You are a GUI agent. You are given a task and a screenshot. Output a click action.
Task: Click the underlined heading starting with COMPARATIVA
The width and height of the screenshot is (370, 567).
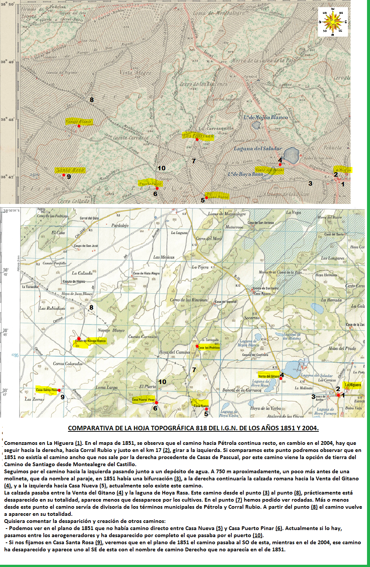click(193, 428)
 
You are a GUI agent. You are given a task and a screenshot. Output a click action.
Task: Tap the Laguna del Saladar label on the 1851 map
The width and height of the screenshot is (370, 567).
click(258, 149)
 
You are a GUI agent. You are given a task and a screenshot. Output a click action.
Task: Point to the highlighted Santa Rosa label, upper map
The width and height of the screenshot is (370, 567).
click(70, 170)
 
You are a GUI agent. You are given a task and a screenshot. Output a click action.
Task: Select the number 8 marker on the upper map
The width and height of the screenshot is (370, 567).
click(92, 100)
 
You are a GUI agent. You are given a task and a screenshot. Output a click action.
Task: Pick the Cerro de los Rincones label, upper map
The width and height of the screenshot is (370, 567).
click(203, 84)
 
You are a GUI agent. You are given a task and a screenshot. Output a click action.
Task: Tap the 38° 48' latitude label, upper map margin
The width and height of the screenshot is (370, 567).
click(7, 120)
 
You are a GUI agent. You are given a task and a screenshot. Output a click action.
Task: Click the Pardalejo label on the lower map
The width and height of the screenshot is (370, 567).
click(120, 226)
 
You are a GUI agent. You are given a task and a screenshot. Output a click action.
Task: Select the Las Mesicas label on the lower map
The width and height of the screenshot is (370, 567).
click(164, 257)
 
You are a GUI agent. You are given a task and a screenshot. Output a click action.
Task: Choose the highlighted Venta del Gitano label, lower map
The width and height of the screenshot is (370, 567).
click(268, 376)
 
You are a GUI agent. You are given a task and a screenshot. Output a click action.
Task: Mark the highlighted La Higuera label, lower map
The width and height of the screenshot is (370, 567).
click(352, 385)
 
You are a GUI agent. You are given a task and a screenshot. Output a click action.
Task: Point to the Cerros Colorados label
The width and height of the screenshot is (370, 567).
click(68, 364)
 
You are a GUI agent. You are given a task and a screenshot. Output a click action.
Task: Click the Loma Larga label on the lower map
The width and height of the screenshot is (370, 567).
click(107, 387)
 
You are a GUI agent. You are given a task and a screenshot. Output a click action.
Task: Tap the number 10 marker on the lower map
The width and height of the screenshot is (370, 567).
click(162, 382)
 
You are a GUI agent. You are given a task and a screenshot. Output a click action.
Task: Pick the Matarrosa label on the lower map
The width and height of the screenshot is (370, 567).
click(234, 227)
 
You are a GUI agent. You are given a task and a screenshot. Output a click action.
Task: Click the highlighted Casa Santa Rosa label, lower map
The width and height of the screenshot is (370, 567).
click(47, 390)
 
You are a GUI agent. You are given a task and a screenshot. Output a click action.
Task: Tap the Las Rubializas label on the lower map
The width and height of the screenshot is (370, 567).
click(52, 309)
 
